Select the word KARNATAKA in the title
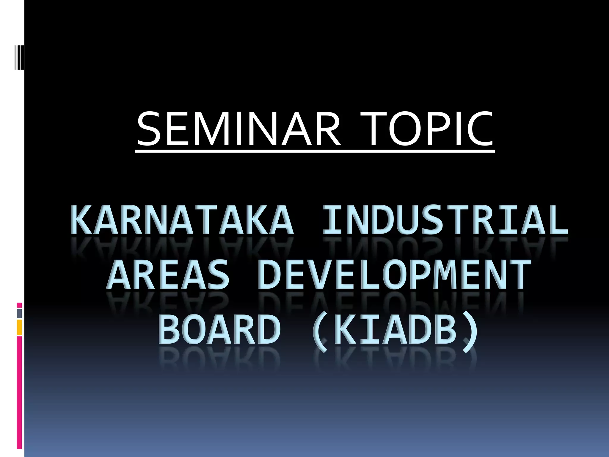182,220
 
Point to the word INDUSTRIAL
445,220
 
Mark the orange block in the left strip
19,327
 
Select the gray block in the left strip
19,313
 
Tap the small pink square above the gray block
19,305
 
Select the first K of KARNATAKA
81,220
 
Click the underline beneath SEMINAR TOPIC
315,151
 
